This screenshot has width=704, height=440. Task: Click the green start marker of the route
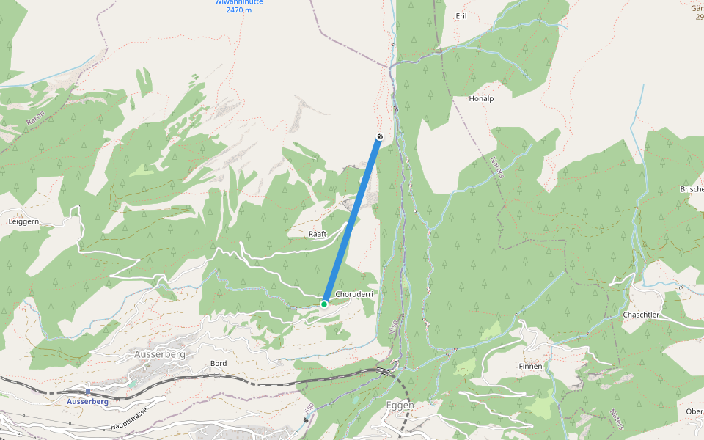pyautogui.click(x=323, y=304)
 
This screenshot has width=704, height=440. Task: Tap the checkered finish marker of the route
pyautogui.click(x=379, y=136)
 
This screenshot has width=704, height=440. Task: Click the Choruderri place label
pyautogui.click(x=354, y=294)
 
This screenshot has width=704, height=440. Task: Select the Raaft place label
pyautogui.click(x=317, y=234)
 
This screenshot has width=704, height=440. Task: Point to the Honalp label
pyautogui.click(x=481, y=98)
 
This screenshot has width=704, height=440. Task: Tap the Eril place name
pyautogui.click(x=461, y=15)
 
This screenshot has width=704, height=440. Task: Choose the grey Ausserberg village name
pyautogui.click(x=160, y=354)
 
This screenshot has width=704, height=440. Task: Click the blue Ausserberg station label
pyautogui.click(x=87, y=402)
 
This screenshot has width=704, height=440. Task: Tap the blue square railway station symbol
pyautogui.click(x=88, y=392)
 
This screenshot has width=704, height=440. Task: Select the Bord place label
pyautogui.click(x=219, y=363)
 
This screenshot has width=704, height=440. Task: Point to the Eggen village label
pyautogui.click(x=400, y=405)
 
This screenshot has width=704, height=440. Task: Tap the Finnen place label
pyautogui.click(x=530, y=366)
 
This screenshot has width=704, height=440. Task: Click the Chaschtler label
pyautogui.click(x=641, y=315)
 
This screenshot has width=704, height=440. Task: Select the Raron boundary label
pyautogui.click(x=35, y=111)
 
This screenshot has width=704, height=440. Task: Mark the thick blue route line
pyautogui.click(x=352, y=220)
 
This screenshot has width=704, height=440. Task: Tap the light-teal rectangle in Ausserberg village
pyautogui.click(x=132, y=382)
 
